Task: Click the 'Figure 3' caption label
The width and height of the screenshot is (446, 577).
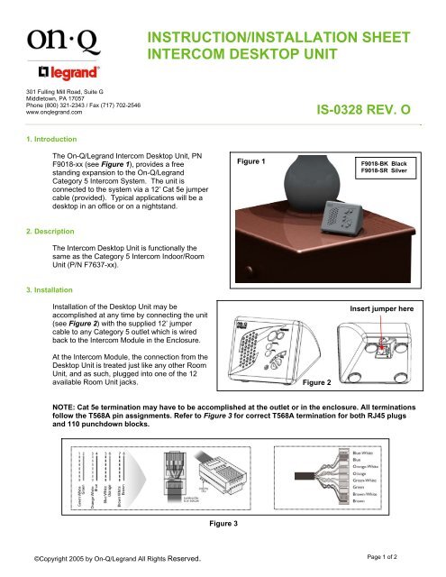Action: click(x=223, y=521)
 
